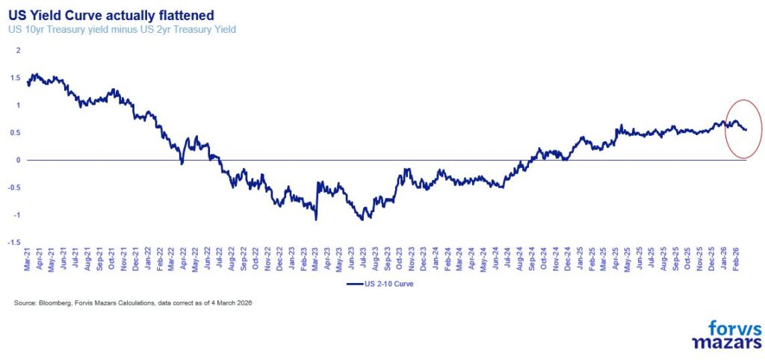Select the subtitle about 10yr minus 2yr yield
123,30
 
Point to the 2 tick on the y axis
19,50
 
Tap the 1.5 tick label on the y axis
16,78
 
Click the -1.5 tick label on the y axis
15,243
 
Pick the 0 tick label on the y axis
19,161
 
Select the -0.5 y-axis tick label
15,187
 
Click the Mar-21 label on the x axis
27,259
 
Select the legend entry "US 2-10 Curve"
380,284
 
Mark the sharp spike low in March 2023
316,220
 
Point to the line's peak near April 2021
34,74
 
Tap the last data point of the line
746,130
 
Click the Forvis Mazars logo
727,334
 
